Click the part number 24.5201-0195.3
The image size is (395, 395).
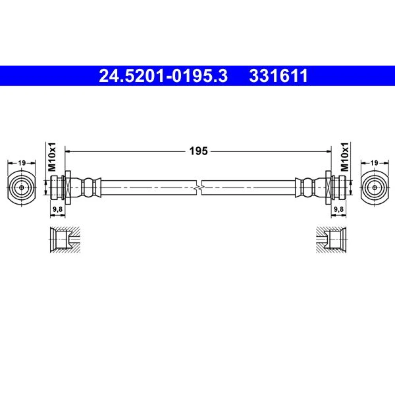click(x=163, y=76)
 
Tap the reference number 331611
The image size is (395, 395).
click(x=278, y=76)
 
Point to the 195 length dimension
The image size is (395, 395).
click(x=199, y=151)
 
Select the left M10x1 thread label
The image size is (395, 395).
click(x=53, y=157)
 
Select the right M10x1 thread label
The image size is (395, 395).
click(x=344, y=157)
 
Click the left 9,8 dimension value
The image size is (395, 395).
click(x=58, y=209)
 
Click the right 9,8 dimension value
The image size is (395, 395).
click(x=339, y=209)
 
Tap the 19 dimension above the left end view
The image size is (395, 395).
click(x=22, y=163)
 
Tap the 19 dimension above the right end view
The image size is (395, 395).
click(x=374, y=163)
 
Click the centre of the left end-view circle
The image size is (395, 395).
click(x=22, y=187)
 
